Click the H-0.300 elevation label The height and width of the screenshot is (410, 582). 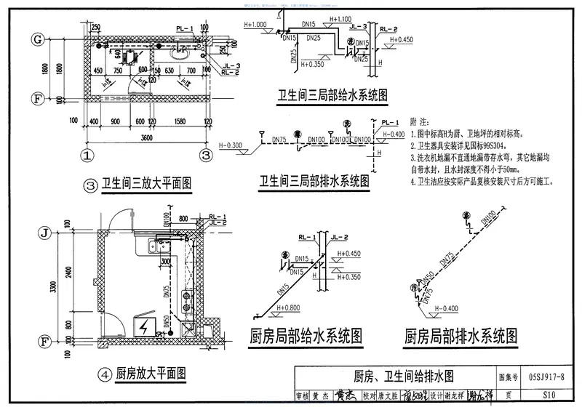pyautogui.click(x=234, y=145)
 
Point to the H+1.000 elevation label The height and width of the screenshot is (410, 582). pyautogui.click(x=257, y=24)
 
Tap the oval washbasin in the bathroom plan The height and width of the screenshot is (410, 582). pyautogui.click(x=178, y=53)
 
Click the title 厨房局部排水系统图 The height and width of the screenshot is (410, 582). pyautogui.click(x=461, y=336)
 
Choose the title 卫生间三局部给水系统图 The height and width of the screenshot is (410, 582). pyautogui.click(x=331, y=95)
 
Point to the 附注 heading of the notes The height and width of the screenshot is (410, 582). pyautogui.click(x=420, y=121)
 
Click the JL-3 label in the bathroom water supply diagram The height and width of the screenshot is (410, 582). pyautogui.click(x=357, y=26)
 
